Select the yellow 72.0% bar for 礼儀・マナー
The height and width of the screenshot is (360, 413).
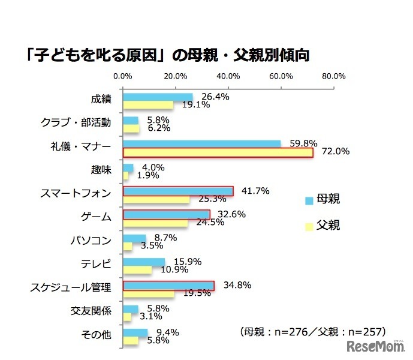point(218,152)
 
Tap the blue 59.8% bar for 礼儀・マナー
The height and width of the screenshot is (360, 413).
point(201,143)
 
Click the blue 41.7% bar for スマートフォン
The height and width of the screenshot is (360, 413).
point(178,191)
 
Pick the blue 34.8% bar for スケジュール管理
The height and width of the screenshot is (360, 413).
point(168,285)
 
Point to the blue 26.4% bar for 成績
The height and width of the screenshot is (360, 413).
point(158,97)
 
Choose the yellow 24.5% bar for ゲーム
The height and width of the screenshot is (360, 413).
point(155,223)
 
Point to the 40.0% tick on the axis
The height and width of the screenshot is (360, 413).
point(228,76)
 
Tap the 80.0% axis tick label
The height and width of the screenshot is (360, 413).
point(333,76)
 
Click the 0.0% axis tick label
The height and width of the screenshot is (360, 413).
point(123,76)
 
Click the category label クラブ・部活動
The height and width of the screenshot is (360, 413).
point(76,122)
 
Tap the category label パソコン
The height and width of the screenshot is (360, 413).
point(91,241)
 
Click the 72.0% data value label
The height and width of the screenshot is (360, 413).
point(336,152)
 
